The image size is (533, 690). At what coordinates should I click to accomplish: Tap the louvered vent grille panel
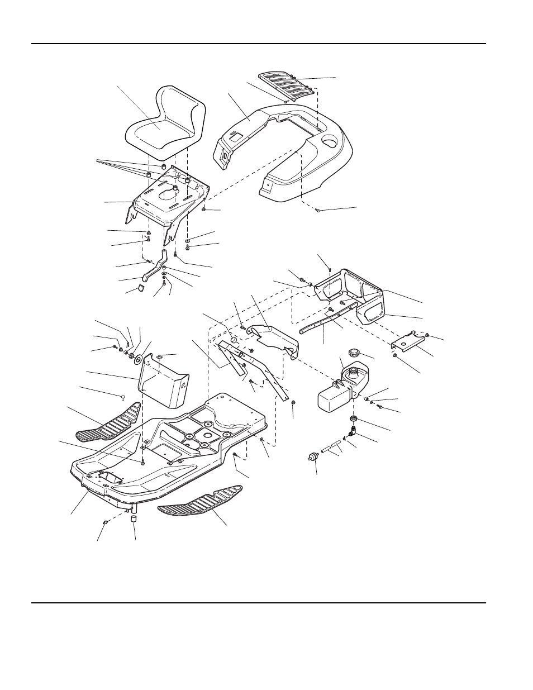pyautogui.click(x=291, y=86)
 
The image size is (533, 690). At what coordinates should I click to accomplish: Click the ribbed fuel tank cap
pyautogui.click(x=353, y=354)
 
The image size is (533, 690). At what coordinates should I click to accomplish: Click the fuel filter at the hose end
pyautogui.click(x=313, y=457)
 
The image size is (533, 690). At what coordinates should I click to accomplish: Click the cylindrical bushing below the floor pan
pyautogui.click(x=134, y=520)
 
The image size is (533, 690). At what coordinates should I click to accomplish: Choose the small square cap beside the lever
pyautogui.click(x=140, y=288)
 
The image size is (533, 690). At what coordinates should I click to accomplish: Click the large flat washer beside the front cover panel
pyautogui.click(x=139, y=358)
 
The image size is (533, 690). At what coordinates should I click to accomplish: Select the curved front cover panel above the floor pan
pyautogui.click(x=165, y=380)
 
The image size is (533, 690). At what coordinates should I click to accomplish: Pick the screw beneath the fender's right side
pyautogui.click(x=317, y=211)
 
